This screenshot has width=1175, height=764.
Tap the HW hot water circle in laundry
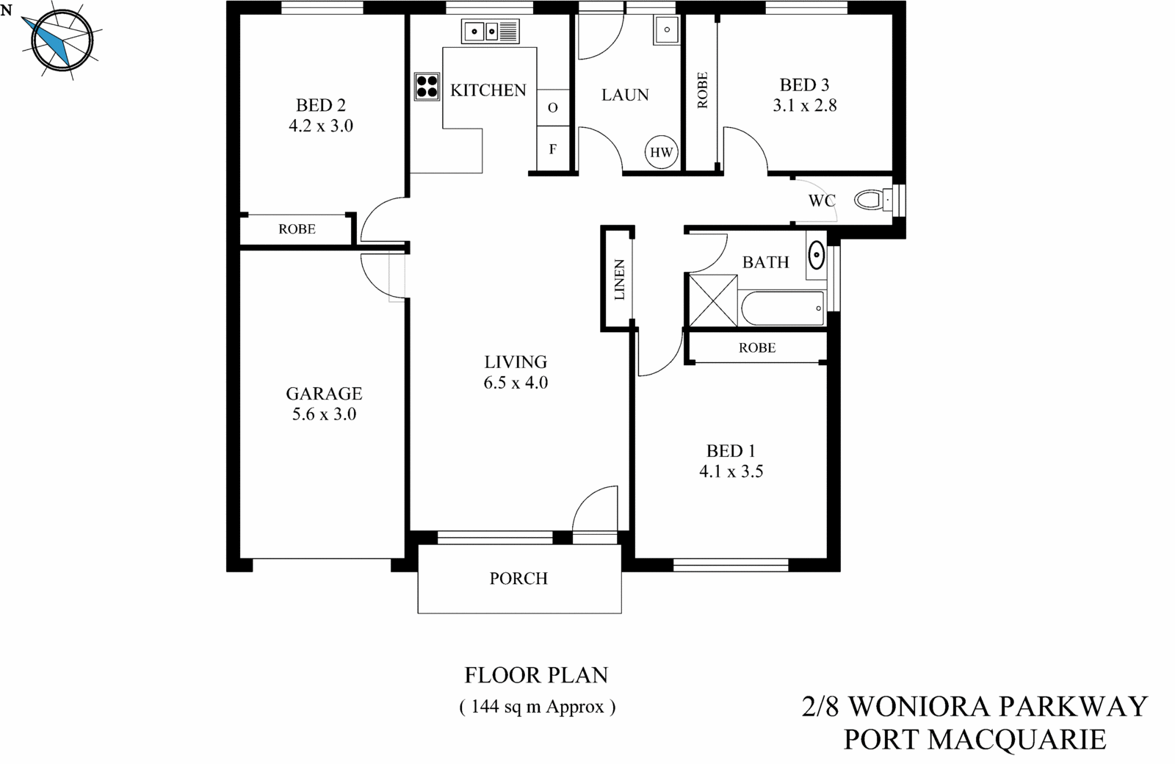pyautogui.click(x=661, y=153)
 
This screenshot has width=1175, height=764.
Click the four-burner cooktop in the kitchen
pyautogui.click(x=427, y=87)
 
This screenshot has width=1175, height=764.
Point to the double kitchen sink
pyautogui.click(x=490, y=32)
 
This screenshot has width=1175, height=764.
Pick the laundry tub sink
pyautogui.click(x=666, y=30)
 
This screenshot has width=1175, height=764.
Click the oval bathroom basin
pyautogui.click(x=816, y=256)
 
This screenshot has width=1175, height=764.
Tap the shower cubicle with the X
pyautogui.click(x=712, y=300)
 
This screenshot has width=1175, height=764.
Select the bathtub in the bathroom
pyautogui.click(x=783, y=309)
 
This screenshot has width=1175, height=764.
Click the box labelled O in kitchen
pyautogui.click(x=552, y=107)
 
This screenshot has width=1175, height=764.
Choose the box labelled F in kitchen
pyautogui.click(x=552, y=149)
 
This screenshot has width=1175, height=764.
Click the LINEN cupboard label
pyautogui.click(x=619, y=280)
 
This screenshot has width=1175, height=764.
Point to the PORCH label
pyautogui.click(x=518, y=579)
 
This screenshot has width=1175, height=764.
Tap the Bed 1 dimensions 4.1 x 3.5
pyautogui.click(x=731, y=472)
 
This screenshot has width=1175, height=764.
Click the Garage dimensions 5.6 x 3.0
pyautogui.click(x=324, y=414)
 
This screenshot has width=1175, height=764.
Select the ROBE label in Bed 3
pyautogui.click(x=702, y=90)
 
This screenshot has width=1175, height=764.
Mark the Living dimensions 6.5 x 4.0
pyautogui.click(x=516, y=383)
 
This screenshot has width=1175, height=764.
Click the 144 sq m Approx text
pyautogui.click(x=537, y=707)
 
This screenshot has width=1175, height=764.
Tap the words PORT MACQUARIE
pyautogui.click(x=975, y=739)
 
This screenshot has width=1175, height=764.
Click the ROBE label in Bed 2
pyautogui.click(x=297, y=229)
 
